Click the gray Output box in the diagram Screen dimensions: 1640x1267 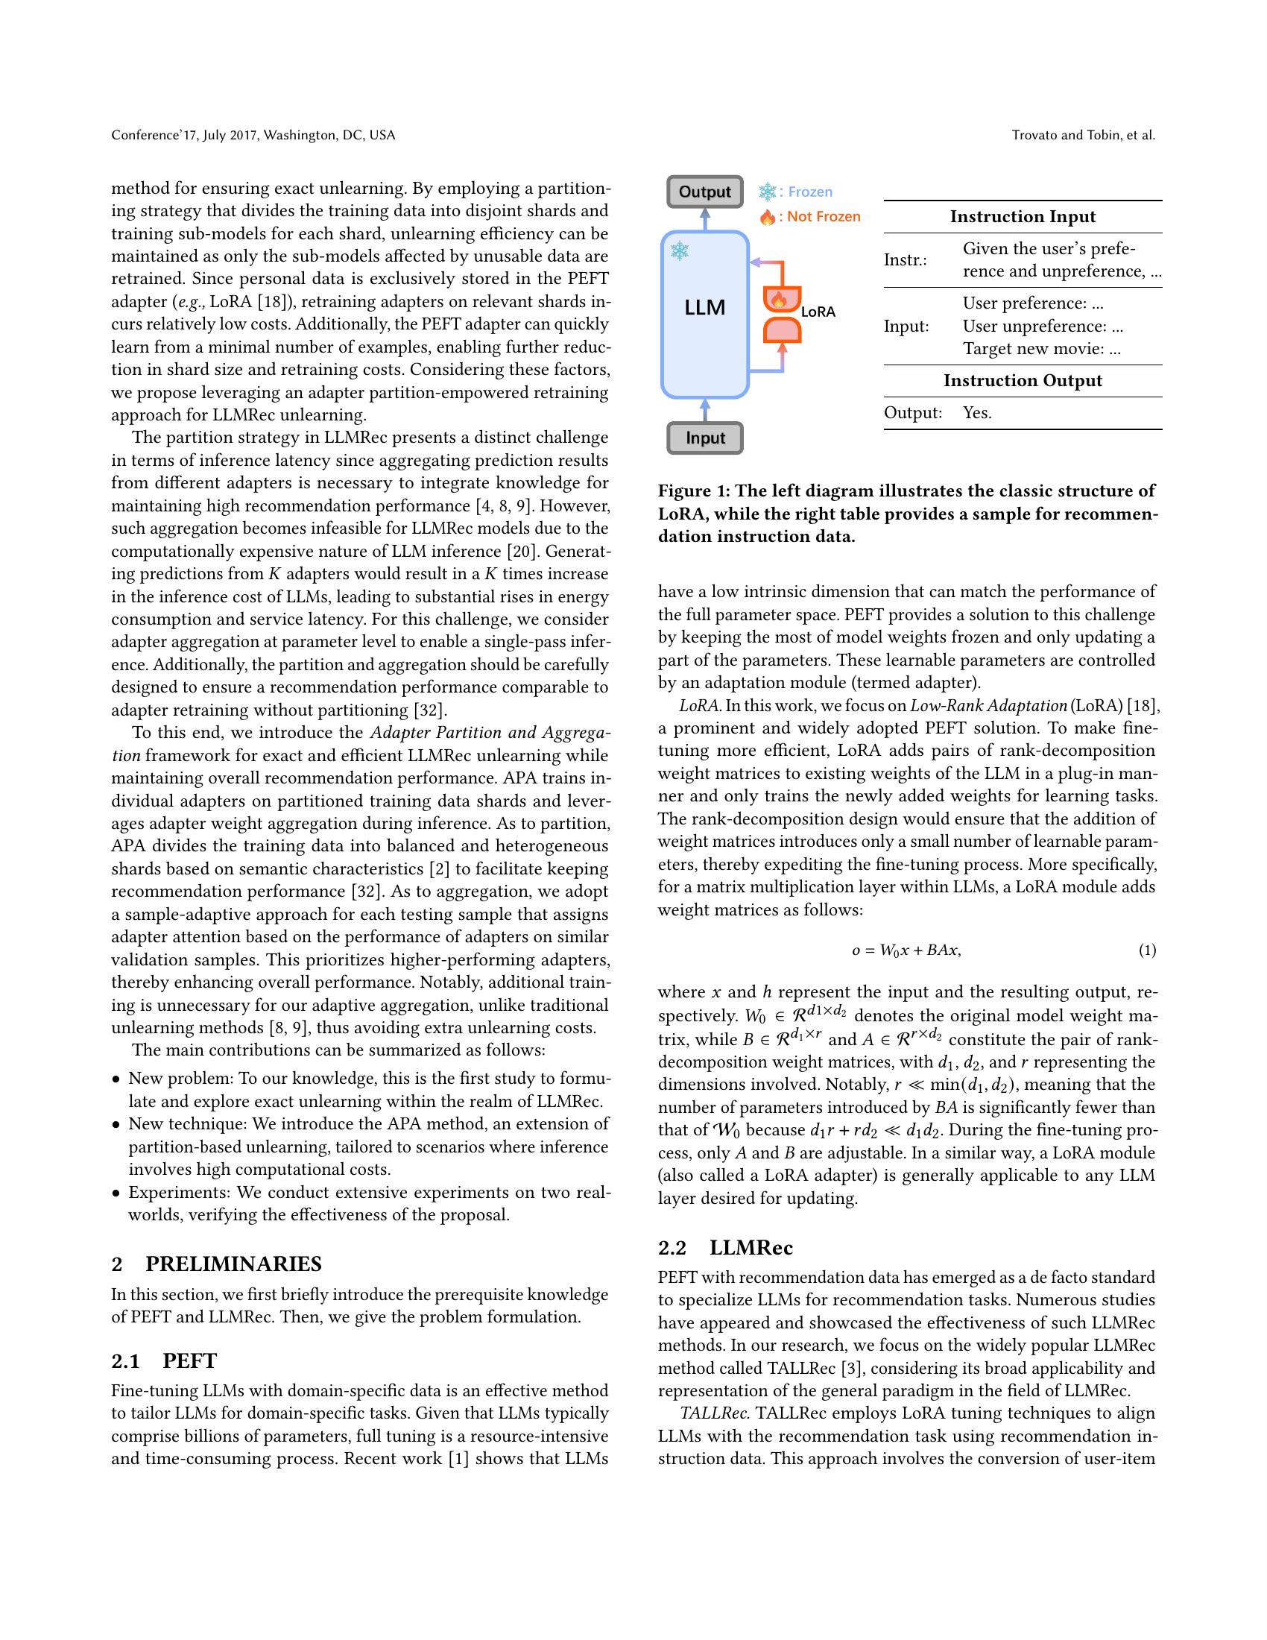click(704, 192)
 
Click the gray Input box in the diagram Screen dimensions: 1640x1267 click(704, 438)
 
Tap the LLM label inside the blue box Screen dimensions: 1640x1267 click(704, 307)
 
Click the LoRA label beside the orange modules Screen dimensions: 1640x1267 click(818, 312)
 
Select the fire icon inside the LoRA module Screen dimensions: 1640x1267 click(779, 300)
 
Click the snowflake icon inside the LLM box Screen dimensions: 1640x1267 click(679, 250)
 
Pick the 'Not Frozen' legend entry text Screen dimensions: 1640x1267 click(824, 216)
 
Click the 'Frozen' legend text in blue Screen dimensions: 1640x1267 click(810, 192)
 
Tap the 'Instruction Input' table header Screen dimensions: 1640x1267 click(1023, 216)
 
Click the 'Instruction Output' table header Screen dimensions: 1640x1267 click(1023, 380)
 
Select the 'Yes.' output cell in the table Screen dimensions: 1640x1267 click(976, 412)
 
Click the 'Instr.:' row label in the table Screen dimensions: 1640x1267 click(905, 260)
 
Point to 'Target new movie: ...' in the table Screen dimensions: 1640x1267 click(1041, 348)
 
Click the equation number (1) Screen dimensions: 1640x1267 click(1147, 950)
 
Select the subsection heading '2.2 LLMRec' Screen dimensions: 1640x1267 click(725, 1247)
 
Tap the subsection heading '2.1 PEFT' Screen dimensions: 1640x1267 click(164, 1360)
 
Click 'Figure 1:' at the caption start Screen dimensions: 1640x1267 click(693, 491)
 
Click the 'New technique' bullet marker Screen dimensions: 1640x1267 click(116, 1125)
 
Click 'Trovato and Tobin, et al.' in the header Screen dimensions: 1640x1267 click(1082, 135)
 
